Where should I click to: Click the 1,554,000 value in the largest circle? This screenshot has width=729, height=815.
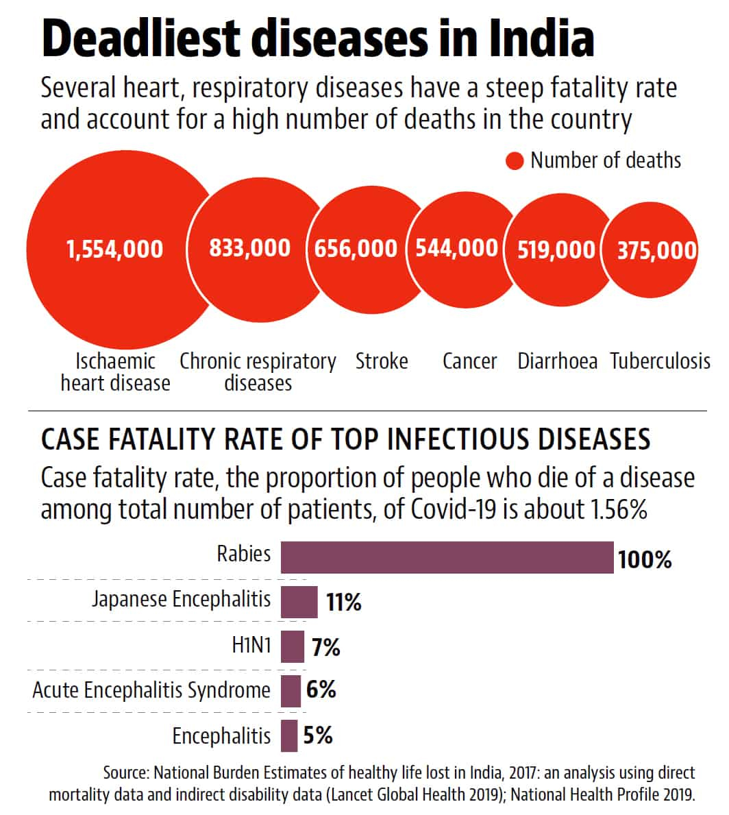point(114,248)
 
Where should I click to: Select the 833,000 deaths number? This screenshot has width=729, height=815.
point(250,247)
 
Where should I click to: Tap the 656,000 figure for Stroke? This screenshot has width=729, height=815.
point(356,248)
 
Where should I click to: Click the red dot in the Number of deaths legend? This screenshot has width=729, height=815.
point(514,161)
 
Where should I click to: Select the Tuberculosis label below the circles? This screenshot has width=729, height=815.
point(660,361)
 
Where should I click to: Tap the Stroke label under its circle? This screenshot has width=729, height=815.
point(382,361)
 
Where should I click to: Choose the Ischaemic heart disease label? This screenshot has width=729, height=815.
point(115,372)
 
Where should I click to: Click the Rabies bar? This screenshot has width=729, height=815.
point(447,557)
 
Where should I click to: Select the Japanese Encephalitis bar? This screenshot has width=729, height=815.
point(299,602)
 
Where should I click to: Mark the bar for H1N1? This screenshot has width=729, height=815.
point(293,646)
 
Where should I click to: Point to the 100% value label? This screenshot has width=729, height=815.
point(645,560)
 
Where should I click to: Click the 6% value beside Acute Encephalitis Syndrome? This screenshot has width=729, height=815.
point(321,690)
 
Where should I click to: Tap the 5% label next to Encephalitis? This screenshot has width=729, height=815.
point(318,735)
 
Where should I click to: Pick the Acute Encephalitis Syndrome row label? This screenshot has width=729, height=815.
point(151,690)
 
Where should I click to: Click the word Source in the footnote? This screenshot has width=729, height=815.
point(125,773)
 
